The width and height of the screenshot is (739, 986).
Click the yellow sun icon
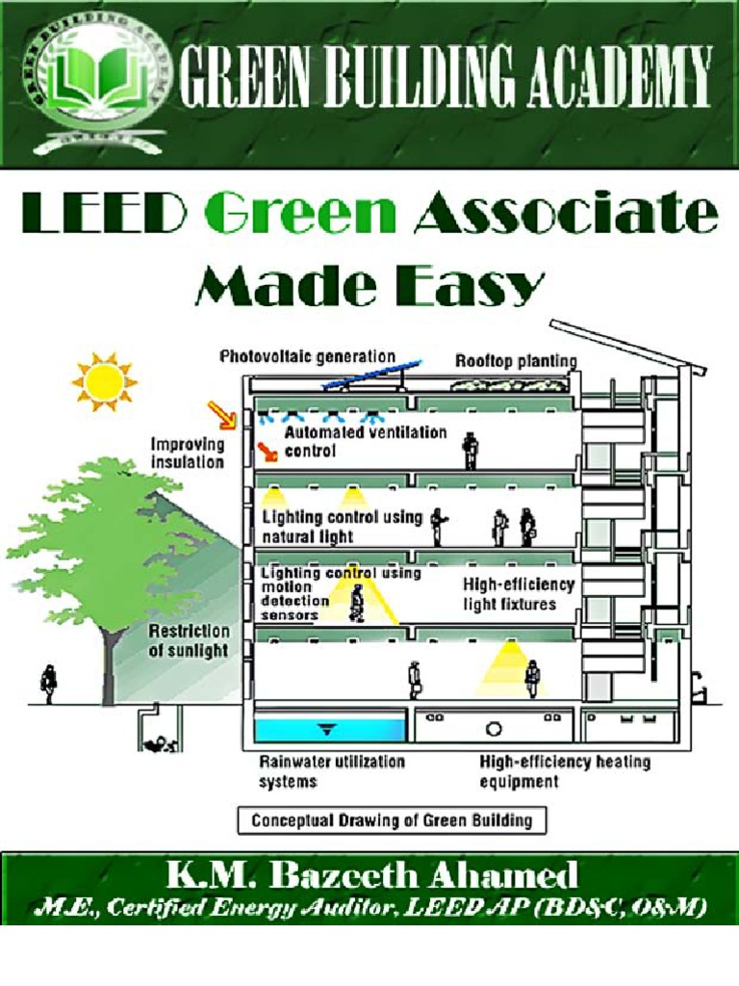point(104,382)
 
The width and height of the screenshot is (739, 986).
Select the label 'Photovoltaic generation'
point(308,356)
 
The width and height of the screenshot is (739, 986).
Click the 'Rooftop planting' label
point(516,361)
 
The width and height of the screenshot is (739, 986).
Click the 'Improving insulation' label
point(188,454)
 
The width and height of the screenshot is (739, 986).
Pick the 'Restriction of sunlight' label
point(189,640)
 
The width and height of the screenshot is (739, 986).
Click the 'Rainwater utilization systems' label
point(332,771)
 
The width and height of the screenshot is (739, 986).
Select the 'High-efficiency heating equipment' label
point(565,771)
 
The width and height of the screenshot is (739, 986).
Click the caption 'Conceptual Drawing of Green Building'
point(392,821)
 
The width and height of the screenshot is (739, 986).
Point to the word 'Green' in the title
point(307,213)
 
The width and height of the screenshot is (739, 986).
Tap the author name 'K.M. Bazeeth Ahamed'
point(371,874)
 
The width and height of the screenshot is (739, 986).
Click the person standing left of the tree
point(48,683)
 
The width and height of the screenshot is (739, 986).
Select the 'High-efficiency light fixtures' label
point(519,594)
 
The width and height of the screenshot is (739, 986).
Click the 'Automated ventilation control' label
point(366,442)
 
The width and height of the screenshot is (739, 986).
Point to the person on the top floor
point(470,450)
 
